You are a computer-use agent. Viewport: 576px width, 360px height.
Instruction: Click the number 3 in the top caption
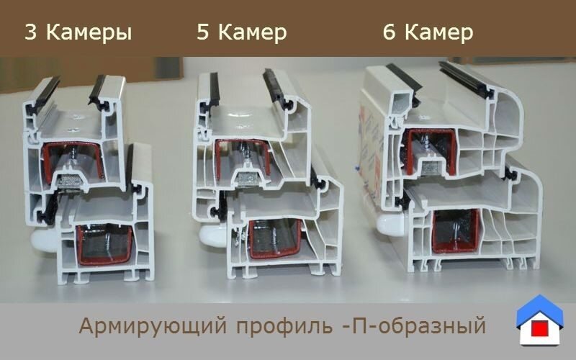(32, 32)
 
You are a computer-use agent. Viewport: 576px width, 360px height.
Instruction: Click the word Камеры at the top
(88, 33)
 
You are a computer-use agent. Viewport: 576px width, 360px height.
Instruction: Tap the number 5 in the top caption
(203, 32)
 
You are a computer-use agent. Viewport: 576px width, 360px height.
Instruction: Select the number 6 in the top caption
(390, 32)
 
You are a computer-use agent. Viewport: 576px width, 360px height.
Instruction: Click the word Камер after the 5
(252, 33)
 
